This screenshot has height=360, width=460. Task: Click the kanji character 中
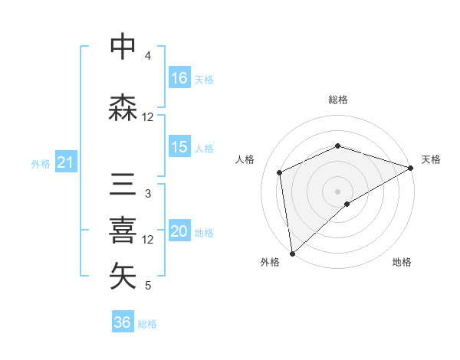(123, 47)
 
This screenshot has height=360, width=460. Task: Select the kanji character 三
(123, 186)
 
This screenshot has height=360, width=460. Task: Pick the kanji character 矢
(123, 277)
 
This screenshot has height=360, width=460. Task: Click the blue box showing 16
(179, 78)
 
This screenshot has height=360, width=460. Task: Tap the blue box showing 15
(179, 147)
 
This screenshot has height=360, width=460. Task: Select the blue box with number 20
(179, 231)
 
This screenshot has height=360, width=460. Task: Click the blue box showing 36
(123, 322)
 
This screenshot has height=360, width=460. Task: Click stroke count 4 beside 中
(147, 56)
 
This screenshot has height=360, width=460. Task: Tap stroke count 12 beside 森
(148, 117)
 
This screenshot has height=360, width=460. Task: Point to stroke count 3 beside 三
(147, 194)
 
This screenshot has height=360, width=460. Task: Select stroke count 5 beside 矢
(147, 286)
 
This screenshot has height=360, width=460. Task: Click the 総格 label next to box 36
(147, 324)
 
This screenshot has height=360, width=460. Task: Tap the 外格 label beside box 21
(40, 163)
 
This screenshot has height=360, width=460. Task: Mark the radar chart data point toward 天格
(410, 169)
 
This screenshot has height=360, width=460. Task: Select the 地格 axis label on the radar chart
(402, 263)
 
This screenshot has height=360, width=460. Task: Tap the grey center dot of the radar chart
(337, 190)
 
